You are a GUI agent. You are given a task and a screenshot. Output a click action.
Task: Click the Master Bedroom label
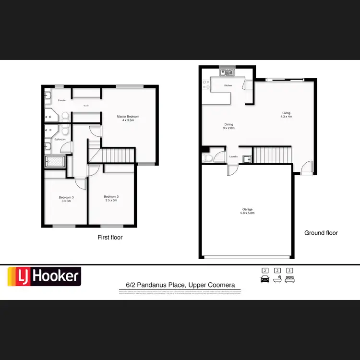128,117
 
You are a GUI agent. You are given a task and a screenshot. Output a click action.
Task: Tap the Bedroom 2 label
111,197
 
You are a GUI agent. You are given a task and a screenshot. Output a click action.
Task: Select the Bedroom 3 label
66,197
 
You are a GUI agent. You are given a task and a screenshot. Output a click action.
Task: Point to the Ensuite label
61,100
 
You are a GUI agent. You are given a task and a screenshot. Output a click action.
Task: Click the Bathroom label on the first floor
60,139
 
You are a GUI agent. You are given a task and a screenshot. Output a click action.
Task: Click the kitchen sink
227,73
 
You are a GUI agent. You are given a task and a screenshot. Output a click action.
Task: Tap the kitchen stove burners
206,84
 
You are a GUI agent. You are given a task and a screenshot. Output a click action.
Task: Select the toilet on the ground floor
207,157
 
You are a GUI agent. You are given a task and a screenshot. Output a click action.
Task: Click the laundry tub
247,159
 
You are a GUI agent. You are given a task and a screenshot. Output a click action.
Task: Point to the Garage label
247,209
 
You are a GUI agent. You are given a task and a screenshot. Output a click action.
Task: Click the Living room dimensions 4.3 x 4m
287,117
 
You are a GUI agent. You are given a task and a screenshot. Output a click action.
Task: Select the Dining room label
228,124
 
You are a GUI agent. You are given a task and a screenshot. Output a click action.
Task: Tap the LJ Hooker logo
44,276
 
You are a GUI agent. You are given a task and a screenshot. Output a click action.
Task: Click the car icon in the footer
264,279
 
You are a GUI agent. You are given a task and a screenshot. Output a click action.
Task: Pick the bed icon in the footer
289,279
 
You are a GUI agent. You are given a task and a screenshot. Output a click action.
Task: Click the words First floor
110,237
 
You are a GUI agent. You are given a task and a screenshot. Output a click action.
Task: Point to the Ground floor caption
321,233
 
